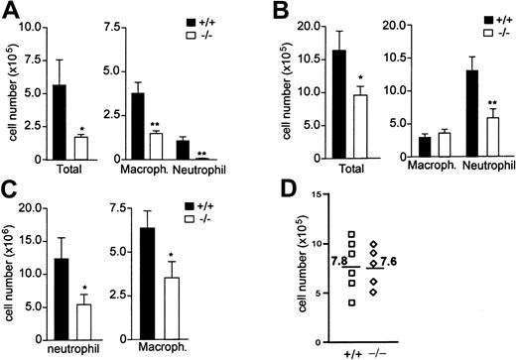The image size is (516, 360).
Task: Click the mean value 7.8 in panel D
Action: click(x=340, y=260)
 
